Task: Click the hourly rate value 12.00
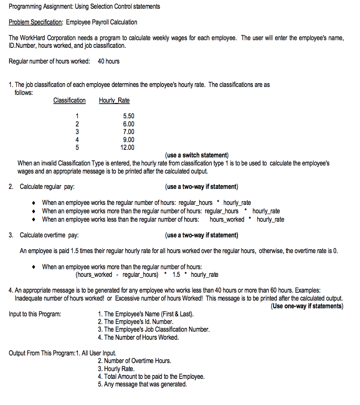coord(127,148)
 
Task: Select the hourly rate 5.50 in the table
coord(128,116)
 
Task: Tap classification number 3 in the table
coord(77,132)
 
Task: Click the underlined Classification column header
coord(69,100)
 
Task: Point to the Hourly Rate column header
coord(114,100)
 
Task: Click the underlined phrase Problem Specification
coord(36,22)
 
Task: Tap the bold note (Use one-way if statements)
coord(307,306)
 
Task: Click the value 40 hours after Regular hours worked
coord(109,61)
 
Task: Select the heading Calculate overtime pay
coord(49,235)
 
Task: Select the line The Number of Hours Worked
coord(138,337)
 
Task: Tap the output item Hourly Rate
coord(116,369)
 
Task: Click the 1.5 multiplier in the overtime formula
coord(176,274)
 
